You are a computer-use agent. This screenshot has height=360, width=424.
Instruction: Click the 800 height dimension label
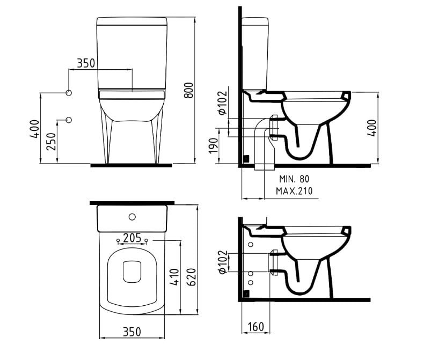point(189,90)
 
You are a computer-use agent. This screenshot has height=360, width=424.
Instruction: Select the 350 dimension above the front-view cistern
point(86,63)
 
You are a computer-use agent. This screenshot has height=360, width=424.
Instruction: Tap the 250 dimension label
point(52,141)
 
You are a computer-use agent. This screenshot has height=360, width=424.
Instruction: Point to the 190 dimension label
point(214,146)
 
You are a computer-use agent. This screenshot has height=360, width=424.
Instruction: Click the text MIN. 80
point(294,179)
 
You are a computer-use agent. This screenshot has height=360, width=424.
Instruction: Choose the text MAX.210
point(294,191)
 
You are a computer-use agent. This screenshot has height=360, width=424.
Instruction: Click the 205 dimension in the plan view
point(132,238)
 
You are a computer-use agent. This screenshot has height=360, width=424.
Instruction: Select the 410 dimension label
point(174,277)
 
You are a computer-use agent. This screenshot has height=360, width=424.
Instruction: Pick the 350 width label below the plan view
point(132,332)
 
